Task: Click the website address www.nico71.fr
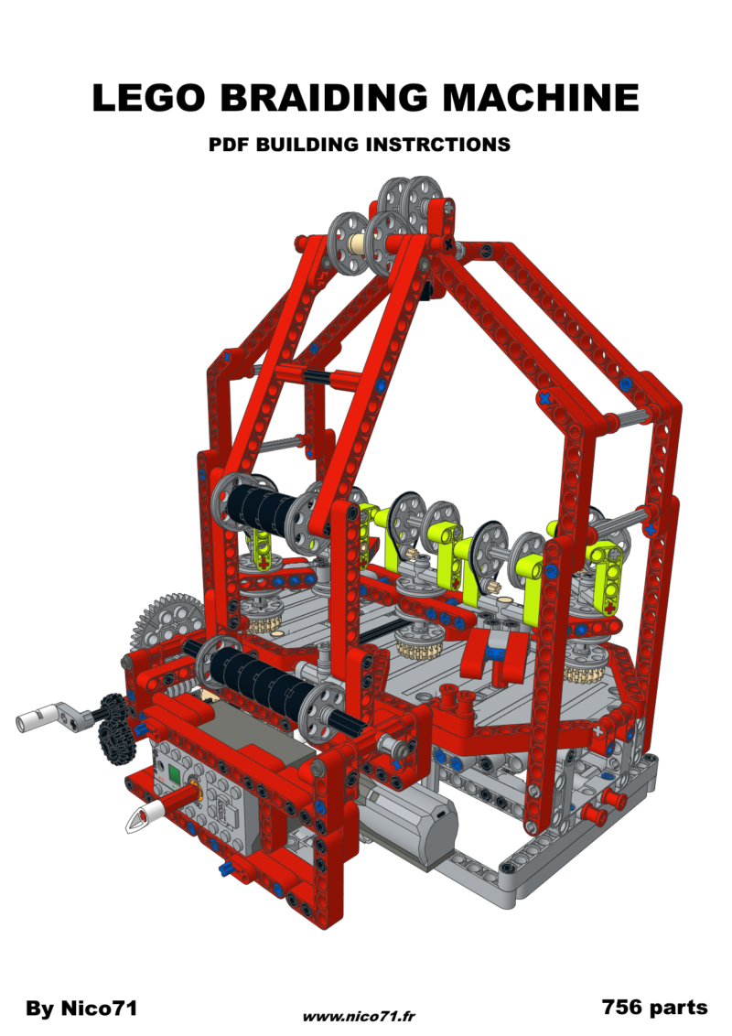point(360,1016)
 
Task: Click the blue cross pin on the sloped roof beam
point(545,398)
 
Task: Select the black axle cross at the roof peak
point(447,243)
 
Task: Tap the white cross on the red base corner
point(601,730)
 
